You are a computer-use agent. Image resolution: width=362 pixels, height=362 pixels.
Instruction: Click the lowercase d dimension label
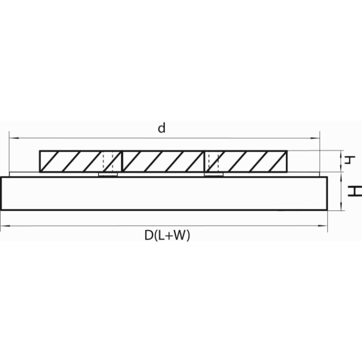(161, 128)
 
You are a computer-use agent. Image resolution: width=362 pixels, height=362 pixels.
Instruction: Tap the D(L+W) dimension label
(167, 236)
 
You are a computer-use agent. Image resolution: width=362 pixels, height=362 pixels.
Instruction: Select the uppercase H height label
(355, 191)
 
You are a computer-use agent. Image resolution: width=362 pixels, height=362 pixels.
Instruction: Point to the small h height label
(349, 160)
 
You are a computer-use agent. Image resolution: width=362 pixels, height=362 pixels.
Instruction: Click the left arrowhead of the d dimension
(13, 138)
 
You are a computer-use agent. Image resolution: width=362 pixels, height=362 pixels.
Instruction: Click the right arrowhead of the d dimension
(316, 138)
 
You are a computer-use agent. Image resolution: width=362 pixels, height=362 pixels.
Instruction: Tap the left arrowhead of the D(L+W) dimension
(5, 226)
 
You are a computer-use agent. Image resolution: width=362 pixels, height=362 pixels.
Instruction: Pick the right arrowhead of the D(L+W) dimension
(323, 226)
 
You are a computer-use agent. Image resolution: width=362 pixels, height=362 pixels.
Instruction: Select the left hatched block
(80, 161)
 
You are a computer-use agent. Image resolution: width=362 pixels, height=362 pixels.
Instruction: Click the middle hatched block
(163, 161)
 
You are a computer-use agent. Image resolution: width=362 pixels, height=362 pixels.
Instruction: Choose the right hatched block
(246, 161)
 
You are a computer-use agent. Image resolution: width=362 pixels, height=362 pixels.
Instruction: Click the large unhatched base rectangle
(164, 194)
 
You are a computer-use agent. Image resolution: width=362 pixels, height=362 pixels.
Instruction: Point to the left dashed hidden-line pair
(108, 161)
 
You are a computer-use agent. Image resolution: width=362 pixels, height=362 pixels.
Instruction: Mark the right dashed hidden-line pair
(213, 161)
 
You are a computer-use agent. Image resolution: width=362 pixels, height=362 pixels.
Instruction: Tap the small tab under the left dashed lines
(108, 174)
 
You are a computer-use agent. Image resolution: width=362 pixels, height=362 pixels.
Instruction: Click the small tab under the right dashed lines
(214, 174)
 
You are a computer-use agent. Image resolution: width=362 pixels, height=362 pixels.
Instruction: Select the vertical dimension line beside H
(341, 192)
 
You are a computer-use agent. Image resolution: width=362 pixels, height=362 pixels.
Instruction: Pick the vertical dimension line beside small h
(341, 161)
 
